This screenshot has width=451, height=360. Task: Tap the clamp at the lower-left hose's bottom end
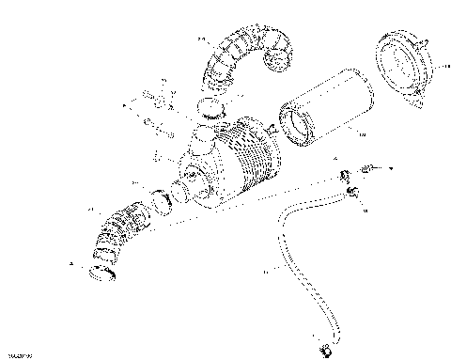coord(102,274)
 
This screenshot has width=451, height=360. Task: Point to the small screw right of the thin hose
coord(375,167)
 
